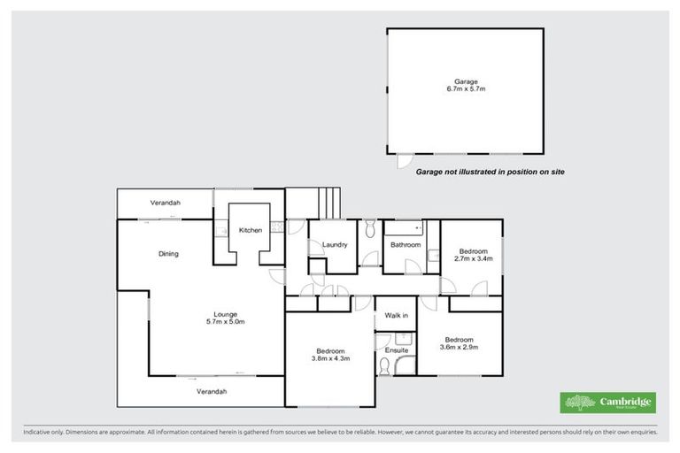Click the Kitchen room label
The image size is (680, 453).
point(251,231)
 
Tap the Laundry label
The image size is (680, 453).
point(334,245)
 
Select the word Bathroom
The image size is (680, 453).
point(406,245)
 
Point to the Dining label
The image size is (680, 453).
point(168,254)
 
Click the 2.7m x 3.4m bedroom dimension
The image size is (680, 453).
point(473,259)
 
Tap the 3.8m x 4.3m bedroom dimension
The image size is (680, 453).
point(331,358)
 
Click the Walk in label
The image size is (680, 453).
point(396,316)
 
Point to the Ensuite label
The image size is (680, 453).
point(396,351)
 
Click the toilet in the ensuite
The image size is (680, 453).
point(383,365)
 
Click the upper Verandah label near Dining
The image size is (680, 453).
point(165,203)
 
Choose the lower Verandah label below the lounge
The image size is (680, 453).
point(212,391)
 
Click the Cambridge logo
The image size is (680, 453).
point(608,403)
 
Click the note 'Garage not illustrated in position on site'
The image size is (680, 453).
point(490,173)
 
